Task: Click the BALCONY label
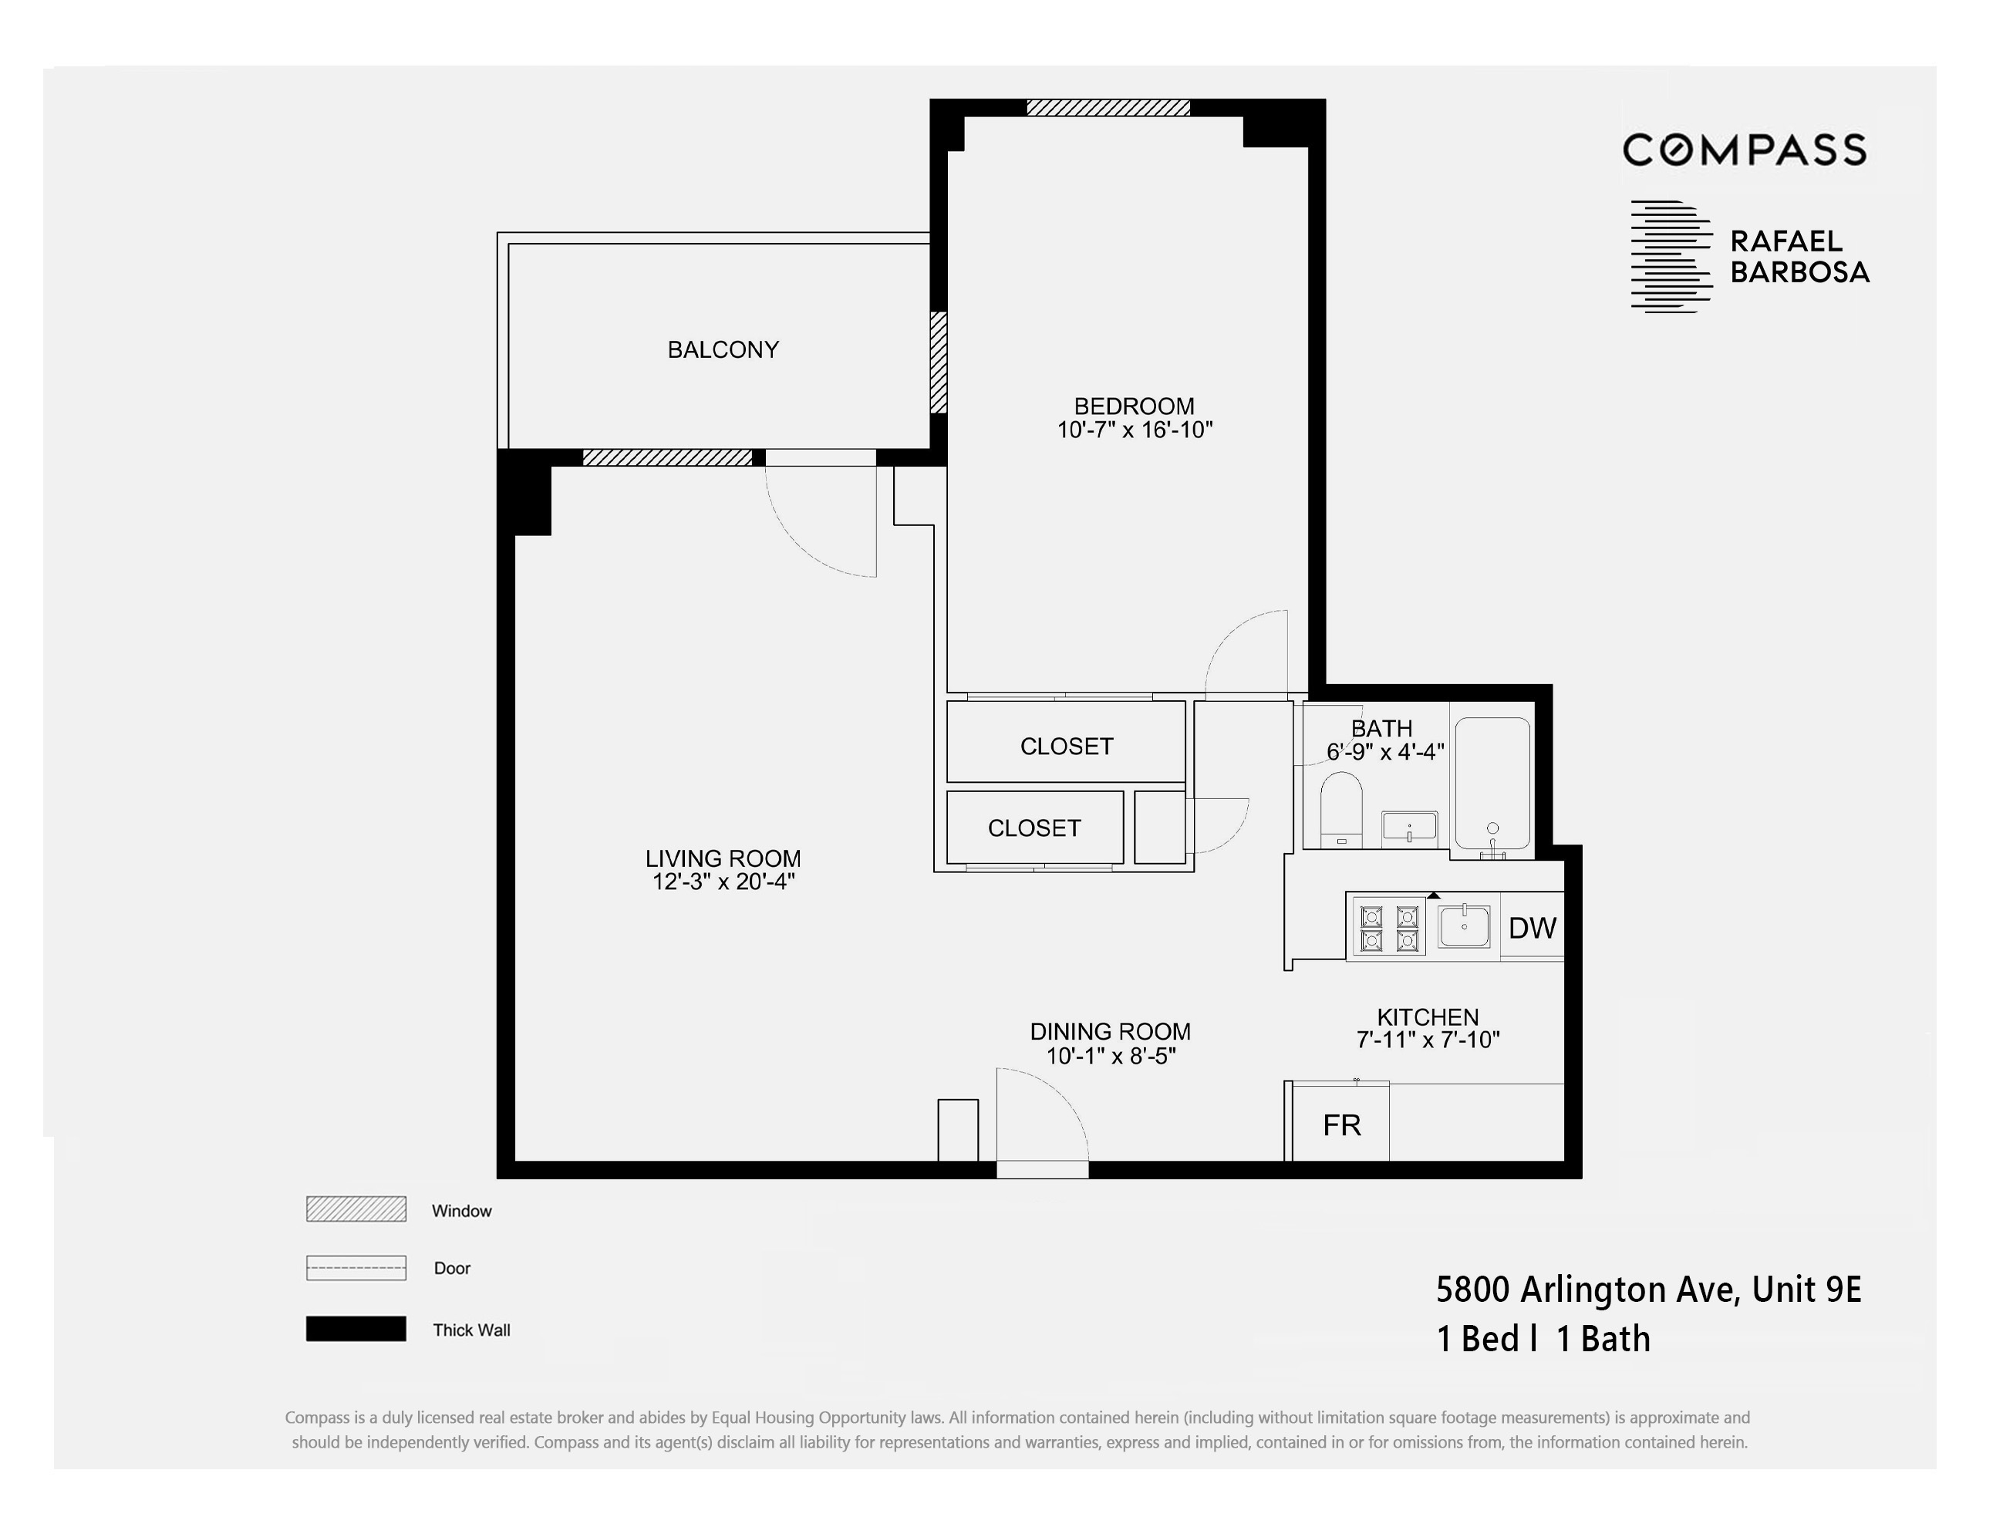[723, 349]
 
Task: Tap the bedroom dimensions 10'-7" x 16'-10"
[1134, 430]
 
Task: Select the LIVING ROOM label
[723, 858]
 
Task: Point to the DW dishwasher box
[1533, 927]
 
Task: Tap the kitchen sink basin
[1463, 926]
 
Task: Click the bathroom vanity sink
[1409, 828]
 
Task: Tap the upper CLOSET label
[1066, 746]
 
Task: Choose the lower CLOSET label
[1034, 828]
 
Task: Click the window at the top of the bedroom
[1108, 108]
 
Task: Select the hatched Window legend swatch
[356, 1209]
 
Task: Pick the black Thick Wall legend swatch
[356, 1329]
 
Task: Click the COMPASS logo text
[1744, 150]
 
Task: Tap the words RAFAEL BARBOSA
[1799, 257]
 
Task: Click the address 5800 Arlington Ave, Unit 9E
[1648, 1289]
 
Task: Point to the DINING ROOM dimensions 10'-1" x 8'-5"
[1111, 1056]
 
